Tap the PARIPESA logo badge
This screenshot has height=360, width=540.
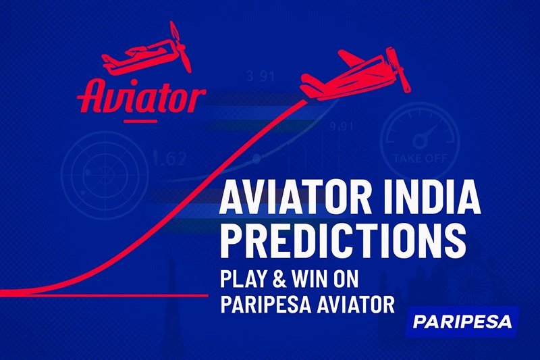(464, 321)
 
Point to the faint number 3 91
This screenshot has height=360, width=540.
(259, 76)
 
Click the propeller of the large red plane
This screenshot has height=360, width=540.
(401, 71)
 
